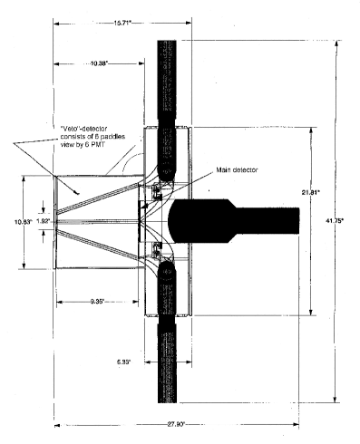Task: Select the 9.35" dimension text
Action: [101, 300]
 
